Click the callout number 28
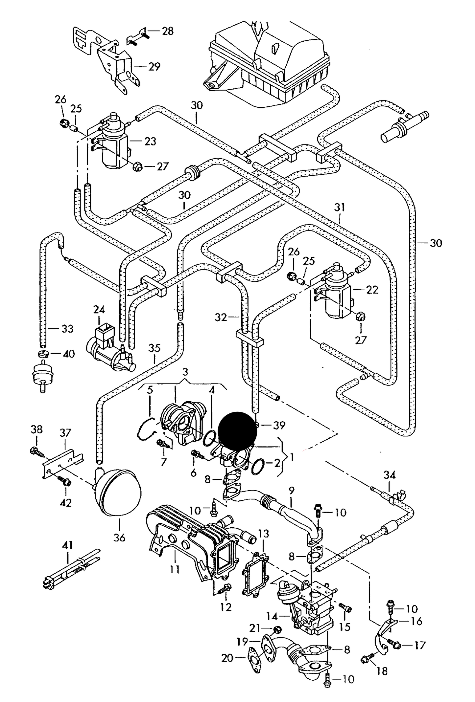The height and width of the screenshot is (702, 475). pos(167,32)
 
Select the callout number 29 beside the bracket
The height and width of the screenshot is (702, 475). pos(154,67)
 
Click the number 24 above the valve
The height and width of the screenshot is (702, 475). pos(99,310)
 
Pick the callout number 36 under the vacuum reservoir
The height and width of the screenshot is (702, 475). pos(119,538)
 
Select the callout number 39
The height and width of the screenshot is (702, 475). pos(279,425)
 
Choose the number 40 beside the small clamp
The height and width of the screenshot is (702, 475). pos(68,354)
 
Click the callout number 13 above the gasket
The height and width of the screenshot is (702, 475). pos(264,534)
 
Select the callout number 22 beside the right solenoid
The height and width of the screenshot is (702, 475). pos(372,290)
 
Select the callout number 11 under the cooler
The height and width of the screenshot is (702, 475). pos(175,569)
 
